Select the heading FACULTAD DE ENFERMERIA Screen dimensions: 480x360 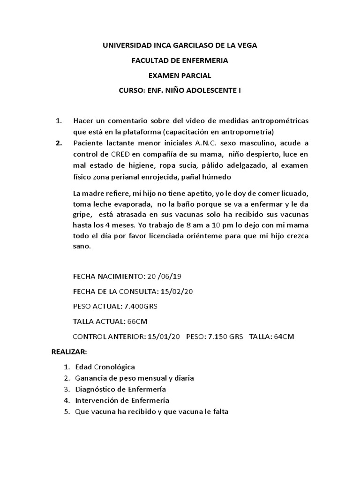click(180, 60)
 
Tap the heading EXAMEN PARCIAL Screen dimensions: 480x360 click(180, 75)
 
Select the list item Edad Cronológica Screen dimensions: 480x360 click(105, 367)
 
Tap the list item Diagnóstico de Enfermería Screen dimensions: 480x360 click(120, 390)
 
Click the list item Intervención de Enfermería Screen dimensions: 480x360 click(122, 401)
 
